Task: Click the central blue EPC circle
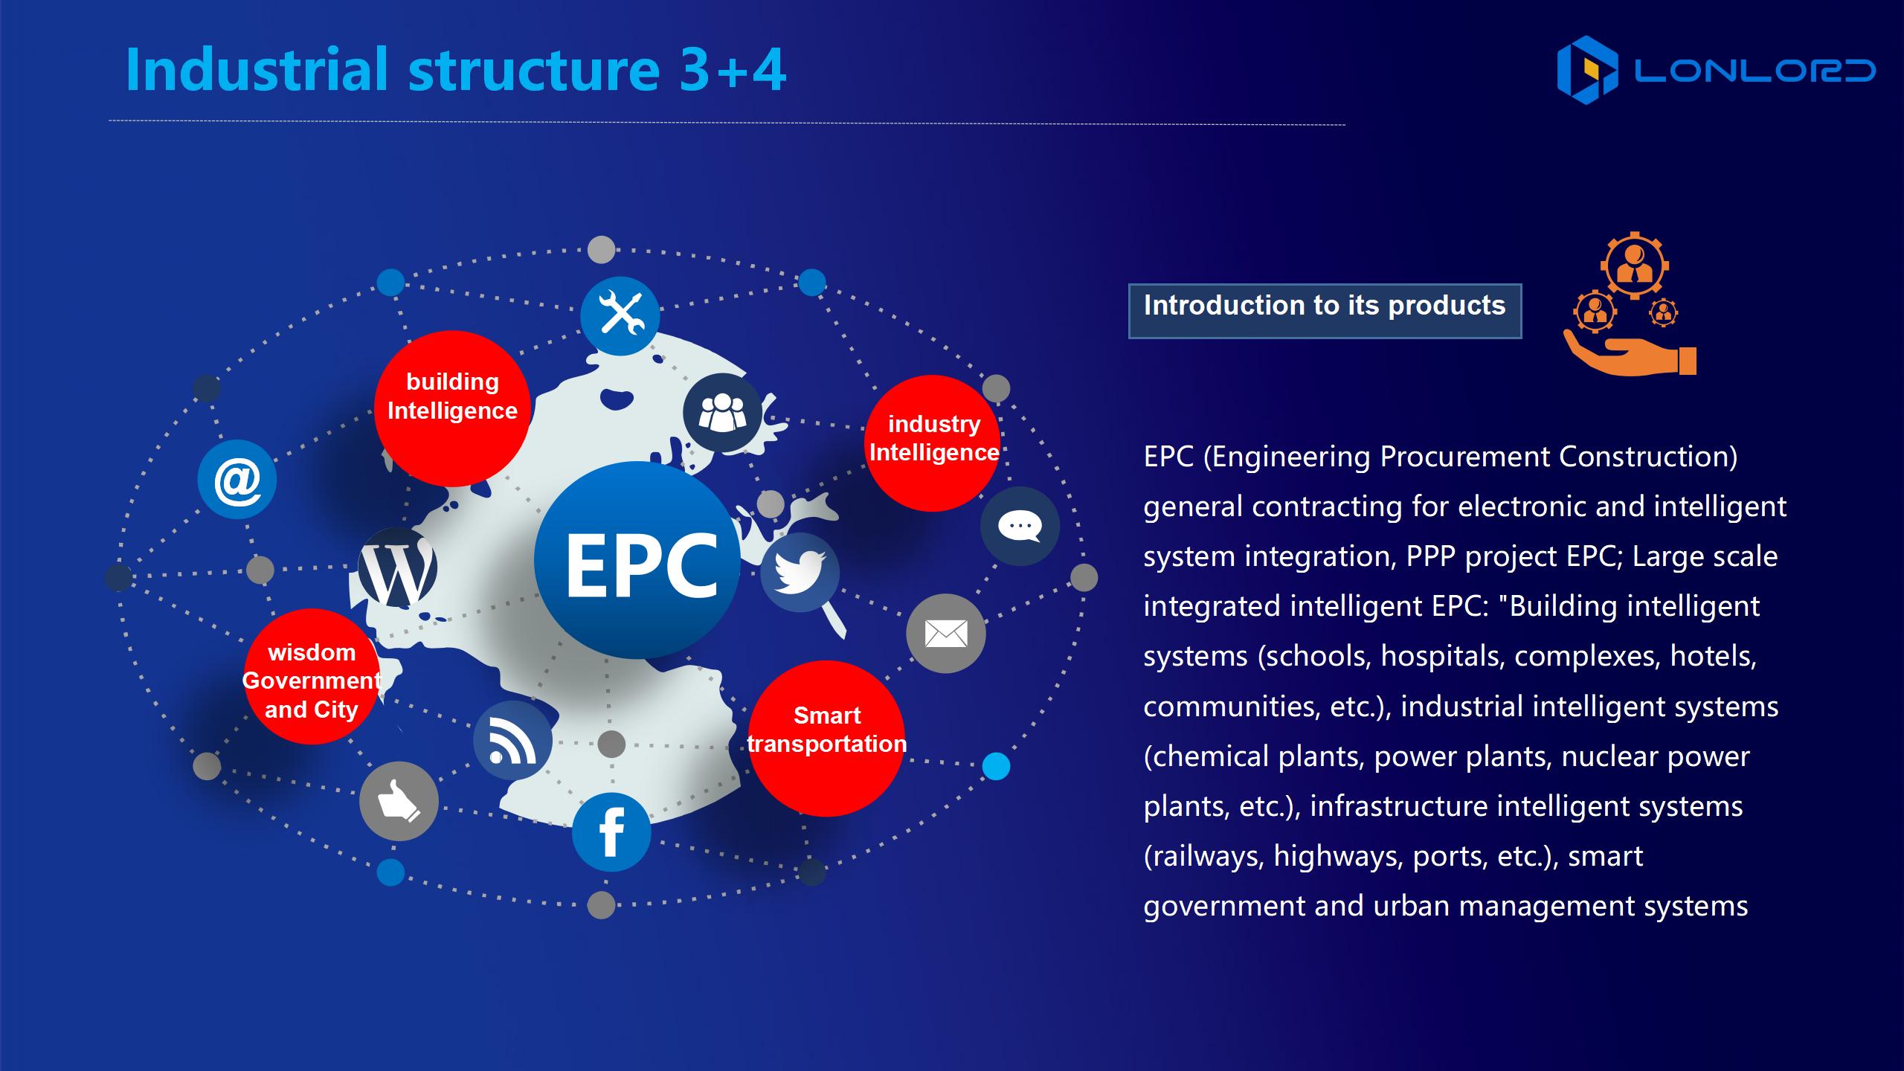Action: (x=637, y=559)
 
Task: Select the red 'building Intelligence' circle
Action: (x=452, y=408)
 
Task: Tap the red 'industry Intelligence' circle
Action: (x=933, y=443)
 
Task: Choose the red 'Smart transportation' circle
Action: (x=826, y=739)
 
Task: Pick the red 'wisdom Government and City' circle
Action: (x=312, y=676)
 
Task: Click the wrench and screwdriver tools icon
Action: (x=620, y=316)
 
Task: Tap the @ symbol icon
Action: (x=237, y=480)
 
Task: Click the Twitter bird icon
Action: (x=800, y=573)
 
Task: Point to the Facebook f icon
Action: (x=611, y=832)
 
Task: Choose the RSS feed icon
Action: (x=513, y=741)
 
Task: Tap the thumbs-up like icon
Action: (x=399, y=802)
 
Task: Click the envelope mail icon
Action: (x=946, y=634)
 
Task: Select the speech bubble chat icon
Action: (x=1020, y=527)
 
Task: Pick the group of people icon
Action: (x=722, y=413)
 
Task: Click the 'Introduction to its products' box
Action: (x=1325, y=311)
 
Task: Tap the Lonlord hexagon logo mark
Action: (x=1587, y=70)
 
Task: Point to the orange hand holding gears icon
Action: (x=1630, y=305)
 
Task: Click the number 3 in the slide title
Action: (x=694, y=69)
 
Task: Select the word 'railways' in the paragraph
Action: (x=1209, y=856)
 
